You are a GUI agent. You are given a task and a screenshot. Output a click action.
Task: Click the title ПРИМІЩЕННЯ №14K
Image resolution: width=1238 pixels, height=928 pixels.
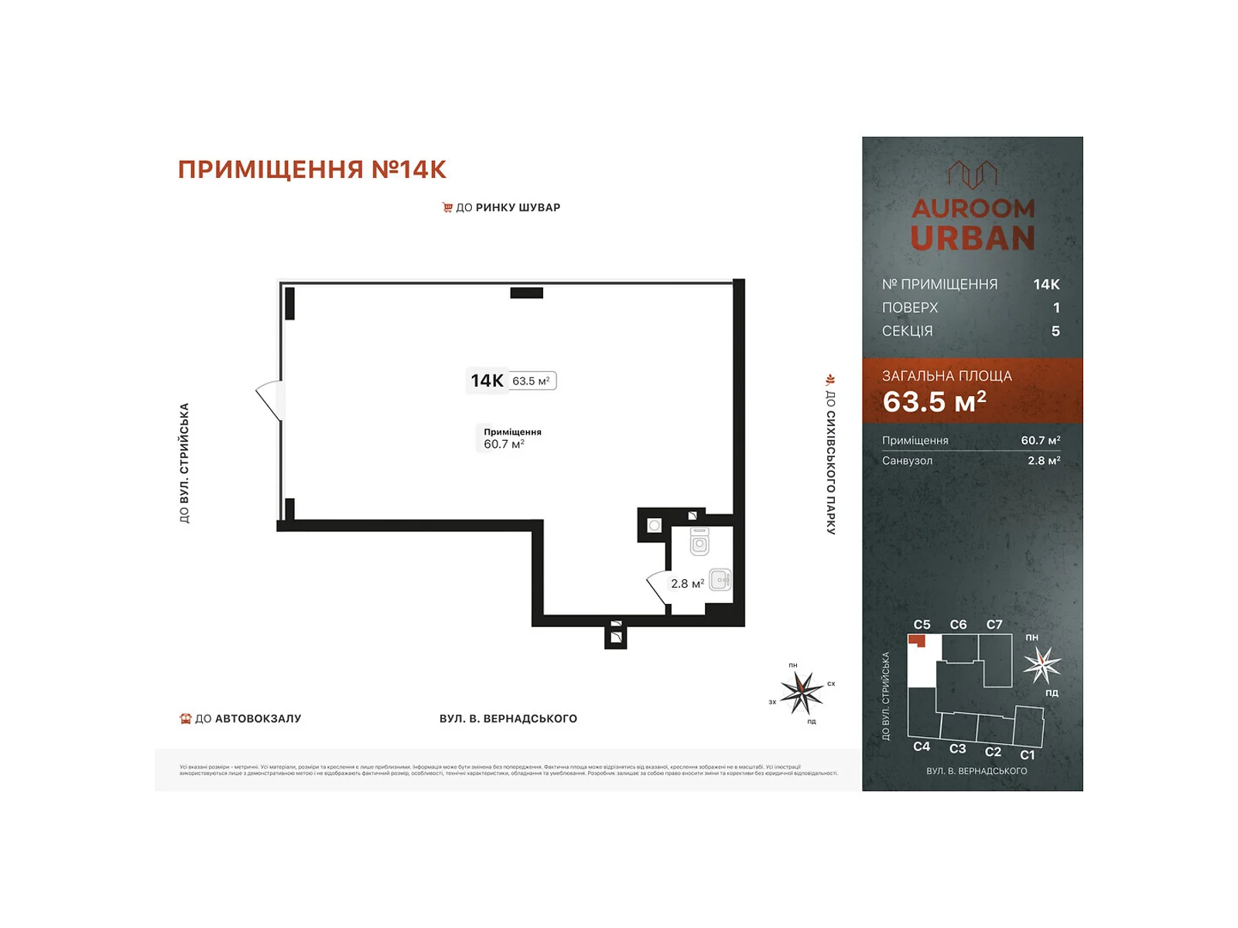pyautogui.click(x=312, y=169)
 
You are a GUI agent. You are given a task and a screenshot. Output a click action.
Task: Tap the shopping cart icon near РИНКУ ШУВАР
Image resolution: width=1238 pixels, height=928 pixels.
pyautogui.click(x=447, y=207)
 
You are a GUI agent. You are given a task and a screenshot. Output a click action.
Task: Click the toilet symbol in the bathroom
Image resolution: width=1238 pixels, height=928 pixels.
pyautogui.click(x=699, y=542)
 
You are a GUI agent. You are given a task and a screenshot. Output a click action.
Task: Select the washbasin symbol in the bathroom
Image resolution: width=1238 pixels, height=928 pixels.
pyautogui.click(x=720, y=579)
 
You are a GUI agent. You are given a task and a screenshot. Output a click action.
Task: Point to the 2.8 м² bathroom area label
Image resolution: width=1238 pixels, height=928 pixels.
pyautogui.click(x=687, y=584)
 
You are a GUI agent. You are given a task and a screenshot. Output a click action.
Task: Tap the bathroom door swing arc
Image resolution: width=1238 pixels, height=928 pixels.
pyautogui.click(x=656, y=588)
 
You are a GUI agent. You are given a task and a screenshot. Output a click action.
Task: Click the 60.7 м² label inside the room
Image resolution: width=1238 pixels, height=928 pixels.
pyautogui.click(x=504, y=444)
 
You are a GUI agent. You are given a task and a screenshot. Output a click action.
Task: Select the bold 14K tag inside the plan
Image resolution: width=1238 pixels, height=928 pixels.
pyautogui.click(x=487, y=380)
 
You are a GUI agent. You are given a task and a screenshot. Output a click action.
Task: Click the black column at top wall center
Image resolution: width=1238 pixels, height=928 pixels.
pyautogui.click(x=526, y=293)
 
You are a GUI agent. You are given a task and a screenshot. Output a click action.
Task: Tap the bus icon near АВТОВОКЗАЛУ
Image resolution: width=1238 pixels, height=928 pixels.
pyautogui.click(x=186, y=718)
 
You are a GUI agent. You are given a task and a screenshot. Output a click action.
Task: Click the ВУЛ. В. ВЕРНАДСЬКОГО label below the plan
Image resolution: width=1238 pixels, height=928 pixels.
pyautogui.click(x=508, y=718)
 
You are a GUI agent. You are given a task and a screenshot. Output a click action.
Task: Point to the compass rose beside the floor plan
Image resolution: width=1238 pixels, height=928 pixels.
pyautogui.click(x=802, y=691)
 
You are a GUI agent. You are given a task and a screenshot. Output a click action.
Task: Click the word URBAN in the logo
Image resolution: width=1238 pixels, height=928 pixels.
pyautogui.click(x=973, y=238)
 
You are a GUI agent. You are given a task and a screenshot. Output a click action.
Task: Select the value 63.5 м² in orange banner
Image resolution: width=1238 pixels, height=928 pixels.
pyautogui.click(x=934, y=401)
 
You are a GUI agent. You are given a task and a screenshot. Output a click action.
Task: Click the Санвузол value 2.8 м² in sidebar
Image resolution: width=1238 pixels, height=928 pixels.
pyautogui.click(x=1043, y=460)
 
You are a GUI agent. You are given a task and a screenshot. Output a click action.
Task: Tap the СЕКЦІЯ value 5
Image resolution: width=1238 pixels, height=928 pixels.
pyautogui.click(x=1055, y=331)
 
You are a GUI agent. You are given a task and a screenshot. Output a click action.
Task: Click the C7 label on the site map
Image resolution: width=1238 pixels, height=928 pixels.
pyautogui.click(x=994, y=624)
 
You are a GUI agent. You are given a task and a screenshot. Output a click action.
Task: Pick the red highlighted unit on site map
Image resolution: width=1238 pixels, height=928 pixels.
pyautogui.click(x=917, y=640)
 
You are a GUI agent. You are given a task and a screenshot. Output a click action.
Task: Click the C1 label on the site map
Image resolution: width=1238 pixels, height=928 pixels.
pyautogui.click(x=1027, y=755)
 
